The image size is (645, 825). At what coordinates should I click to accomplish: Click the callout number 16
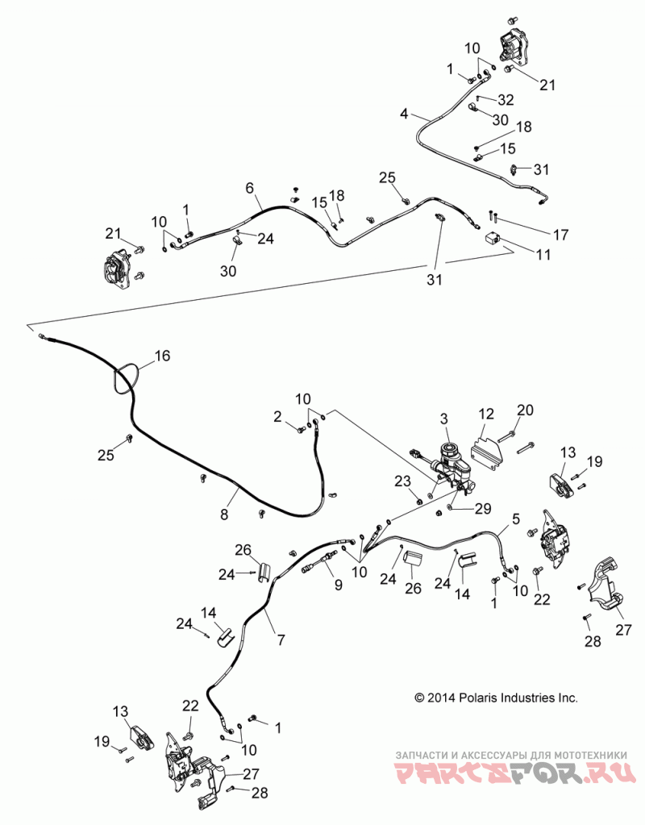(x=163, y=356)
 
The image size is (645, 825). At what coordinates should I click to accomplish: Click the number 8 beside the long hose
(x=225, y=514)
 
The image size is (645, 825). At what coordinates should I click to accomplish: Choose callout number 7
(x=281, y=640)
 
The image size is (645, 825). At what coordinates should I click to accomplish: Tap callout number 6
(x=249, y=188)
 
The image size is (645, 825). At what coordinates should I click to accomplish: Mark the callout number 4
(x=403, y=113)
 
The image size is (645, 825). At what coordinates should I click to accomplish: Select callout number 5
(x=515, y=519)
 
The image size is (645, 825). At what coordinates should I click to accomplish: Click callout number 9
(x=339, y=584)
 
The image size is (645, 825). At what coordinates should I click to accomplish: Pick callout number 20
(x=525, y=410)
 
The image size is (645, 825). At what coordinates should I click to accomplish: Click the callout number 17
(x=561, y=234)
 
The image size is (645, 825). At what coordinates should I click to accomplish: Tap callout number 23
(x=402, y=481)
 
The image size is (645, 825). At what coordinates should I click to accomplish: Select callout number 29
(x=483, y=509)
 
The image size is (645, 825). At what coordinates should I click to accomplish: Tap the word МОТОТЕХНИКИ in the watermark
(x=589, y=754)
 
